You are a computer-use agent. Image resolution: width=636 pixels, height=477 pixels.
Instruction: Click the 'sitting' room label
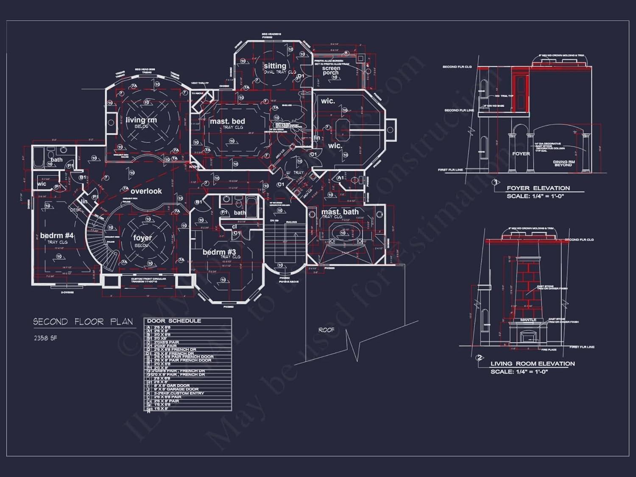pyautogui.click(x=275, y=66)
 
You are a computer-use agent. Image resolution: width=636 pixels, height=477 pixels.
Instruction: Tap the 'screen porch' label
pyautogui.click(x=331, y=70)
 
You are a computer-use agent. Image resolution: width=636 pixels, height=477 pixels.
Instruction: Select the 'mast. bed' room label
pyautogui.click(x=227, y=122)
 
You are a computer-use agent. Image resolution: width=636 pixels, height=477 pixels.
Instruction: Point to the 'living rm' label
pyautogui.click(x=141, y=120)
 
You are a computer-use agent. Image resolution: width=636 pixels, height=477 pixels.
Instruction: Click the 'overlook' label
pyautogui.click(x=146, y=191)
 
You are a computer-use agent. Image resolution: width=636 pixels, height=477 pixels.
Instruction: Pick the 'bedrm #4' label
pyautogui.click(x=57, y=236)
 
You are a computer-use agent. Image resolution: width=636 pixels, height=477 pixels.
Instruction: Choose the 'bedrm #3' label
pyautogui.click(x=219, y=252)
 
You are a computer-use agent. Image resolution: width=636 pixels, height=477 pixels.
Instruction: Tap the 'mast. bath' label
pyautogui.click(x=340, y=212)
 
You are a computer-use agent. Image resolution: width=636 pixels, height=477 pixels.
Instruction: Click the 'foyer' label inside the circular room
pyautogui.click(x=142, y=238)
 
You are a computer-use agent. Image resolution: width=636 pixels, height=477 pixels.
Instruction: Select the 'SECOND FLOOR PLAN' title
pyautogui.click(x=83, y=322)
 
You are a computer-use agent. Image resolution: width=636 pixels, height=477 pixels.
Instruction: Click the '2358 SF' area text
pyautogui.click(x=45, y=338)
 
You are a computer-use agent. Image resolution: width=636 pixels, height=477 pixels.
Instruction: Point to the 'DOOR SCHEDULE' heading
pyautogui.click(x=174, y=321)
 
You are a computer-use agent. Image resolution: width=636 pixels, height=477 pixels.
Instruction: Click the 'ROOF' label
pyautogui.click(x=326, y=330)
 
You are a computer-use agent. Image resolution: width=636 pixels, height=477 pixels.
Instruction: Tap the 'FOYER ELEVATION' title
pyautogui.click(x=538, y=188)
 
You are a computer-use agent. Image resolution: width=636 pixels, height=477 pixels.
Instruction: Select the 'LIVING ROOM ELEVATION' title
pyautogui.click(x=533, y=364)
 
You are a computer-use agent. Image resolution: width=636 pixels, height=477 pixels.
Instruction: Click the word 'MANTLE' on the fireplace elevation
pyautogui.click(x=528, y=320)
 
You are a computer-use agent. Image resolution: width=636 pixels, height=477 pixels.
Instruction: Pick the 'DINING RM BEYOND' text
pyautogui.click(x=563, y=163)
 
